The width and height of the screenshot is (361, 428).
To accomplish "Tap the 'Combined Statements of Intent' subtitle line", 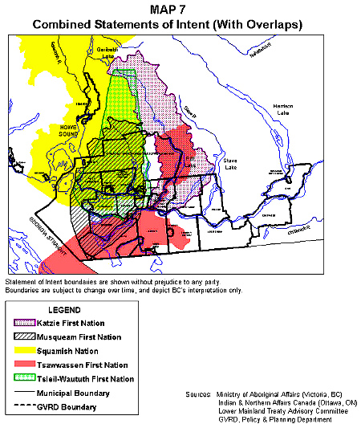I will [x=167, y=25].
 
